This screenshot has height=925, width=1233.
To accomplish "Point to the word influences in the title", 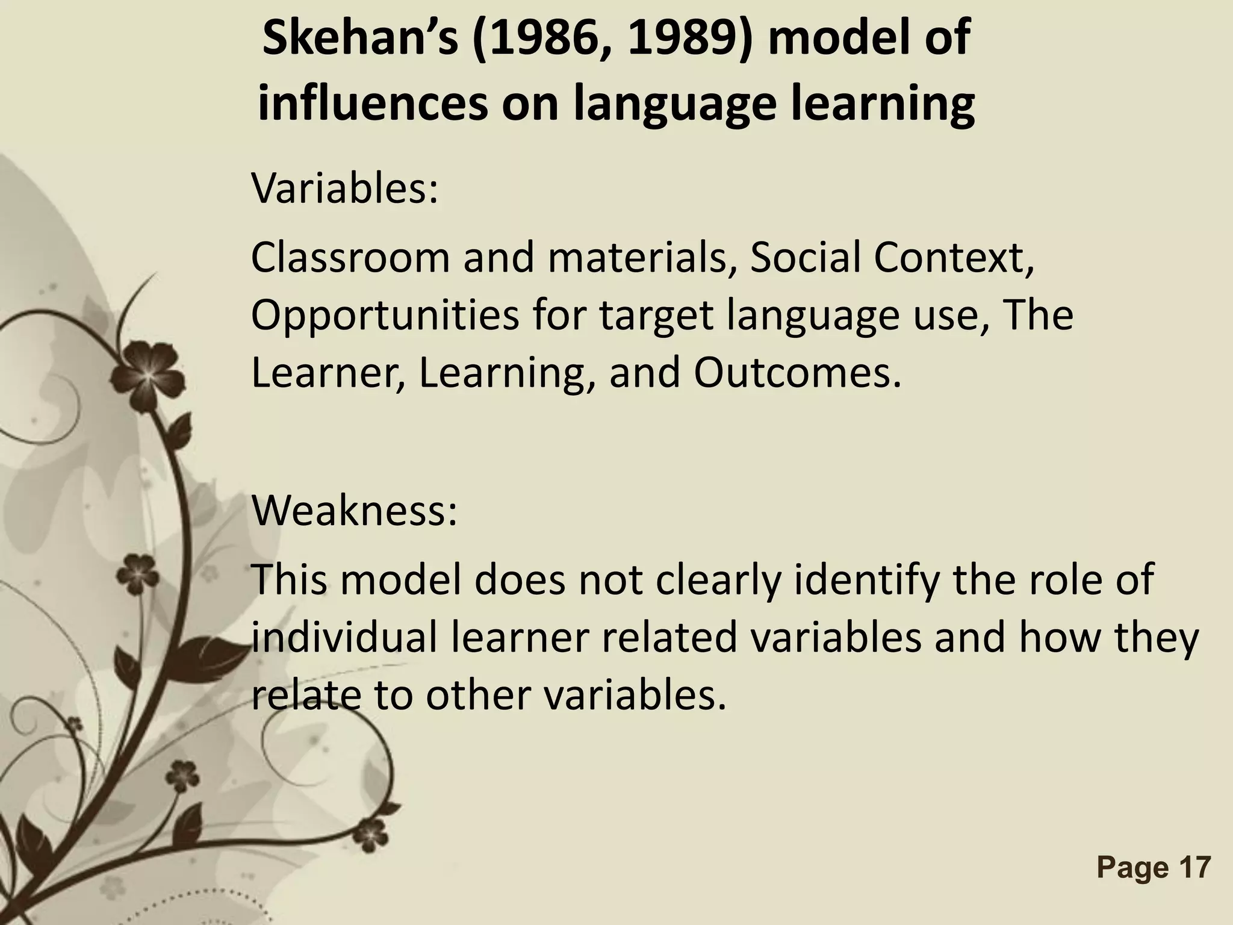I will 373,104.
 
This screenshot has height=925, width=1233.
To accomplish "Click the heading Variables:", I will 344,188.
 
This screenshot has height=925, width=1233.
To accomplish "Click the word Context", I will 954,258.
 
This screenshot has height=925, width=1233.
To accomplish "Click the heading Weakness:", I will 354,510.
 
